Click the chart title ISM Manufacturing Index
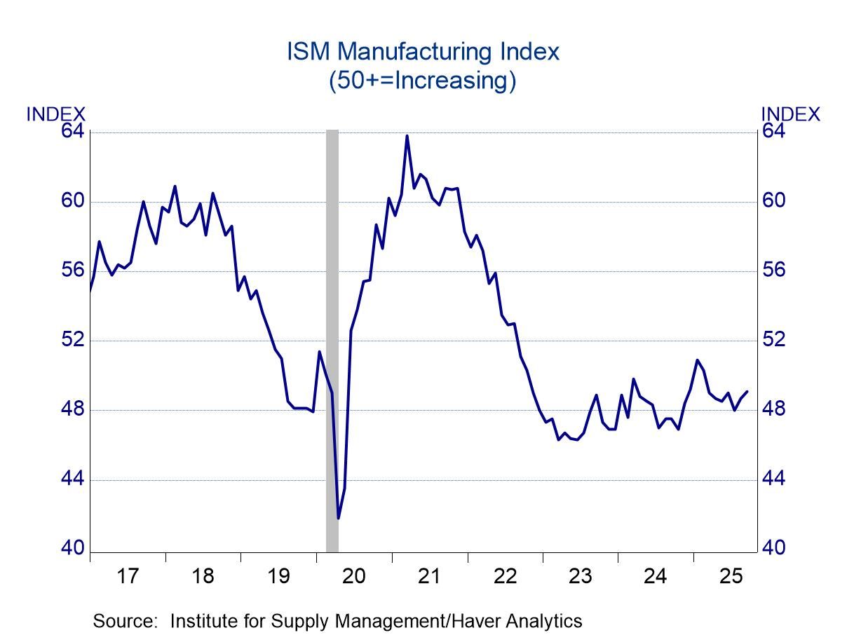(x=423, y=52)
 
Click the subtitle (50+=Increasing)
(x=423, y=81)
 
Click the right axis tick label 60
(x=775, y=201)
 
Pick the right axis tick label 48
(x=775, y=409)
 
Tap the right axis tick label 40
(x=775, y=548)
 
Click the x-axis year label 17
(x=128, y=577)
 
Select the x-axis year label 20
(x=353, y=577)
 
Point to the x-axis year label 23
(x=580, y=577)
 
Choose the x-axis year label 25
(x=731, y=577)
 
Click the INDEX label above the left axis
(x=56, y=114)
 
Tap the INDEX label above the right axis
(x=790, y=114)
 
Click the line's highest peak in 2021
(x=407, y=136)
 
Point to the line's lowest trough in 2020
(x=338, y=519)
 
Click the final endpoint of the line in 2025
(x=747, y=391)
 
